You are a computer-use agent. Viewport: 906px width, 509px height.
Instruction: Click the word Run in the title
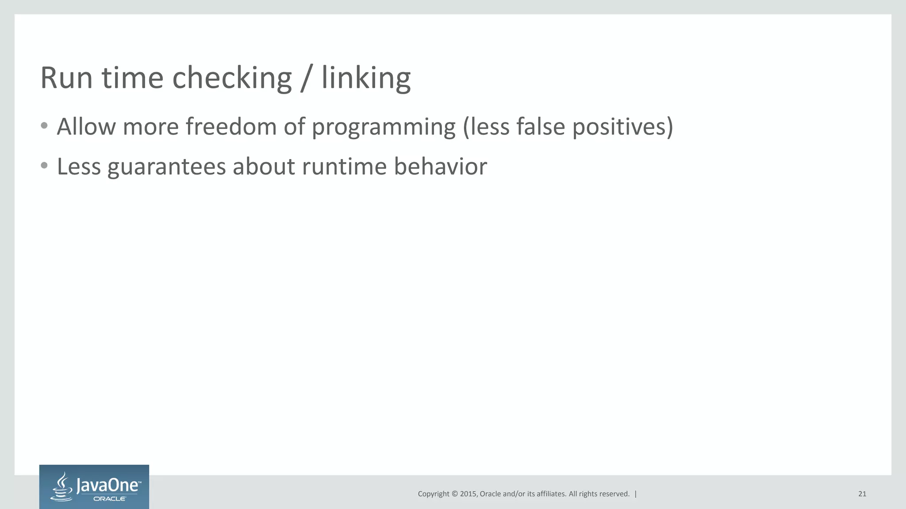point(66,78)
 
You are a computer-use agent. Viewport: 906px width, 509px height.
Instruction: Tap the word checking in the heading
point(232,79)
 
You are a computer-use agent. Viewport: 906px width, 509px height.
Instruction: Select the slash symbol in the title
point(304,79)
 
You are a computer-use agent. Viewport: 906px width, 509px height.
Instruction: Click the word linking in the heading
point(366,79)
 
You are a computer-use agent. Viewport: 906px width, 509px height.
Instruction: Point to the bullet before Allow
point(44,126)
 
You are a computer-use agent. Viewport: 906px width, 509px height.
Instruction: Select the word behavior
point(440,167)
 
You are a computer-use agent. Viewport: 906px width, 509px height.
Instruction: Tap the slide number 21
point(862,494)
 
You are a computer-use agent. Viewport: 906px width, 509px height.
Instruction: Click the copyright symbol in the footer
point(454,494)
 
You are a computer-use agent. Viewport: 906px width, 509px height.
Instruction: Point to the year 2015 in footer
point(468,494)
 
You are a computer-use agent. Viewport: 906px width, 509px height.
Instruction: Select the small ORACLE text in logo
point(109,499)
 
